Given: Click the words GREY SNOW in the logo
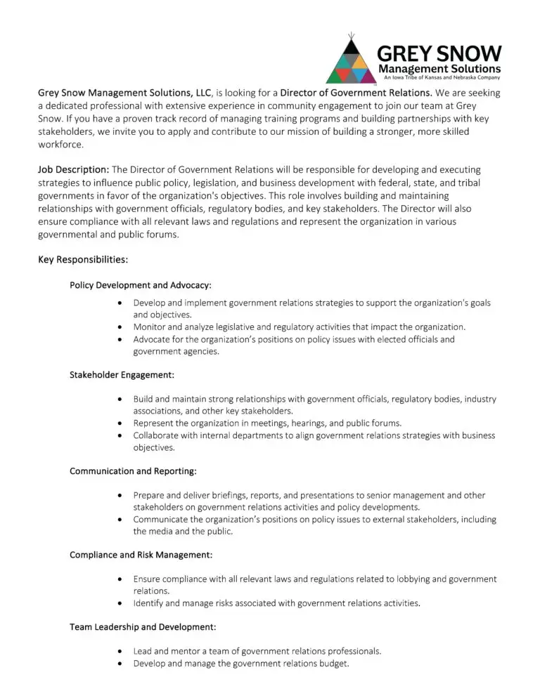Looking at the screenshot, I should coord(439,53).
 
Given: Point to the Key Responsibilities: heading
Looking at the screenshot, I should coord(82,260).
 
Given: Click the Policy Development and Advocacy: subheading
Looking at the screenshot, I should coord(141,285).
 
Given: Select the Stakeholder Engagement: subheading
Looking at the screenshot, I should coord(122,375).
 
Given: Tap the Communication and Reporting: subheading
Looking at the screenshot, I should coord(133,471).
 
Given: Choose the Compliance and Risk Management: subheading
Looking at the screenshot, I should coord(141,555).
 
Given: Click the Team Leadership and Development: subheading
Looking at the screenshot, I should coord(143,626).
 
